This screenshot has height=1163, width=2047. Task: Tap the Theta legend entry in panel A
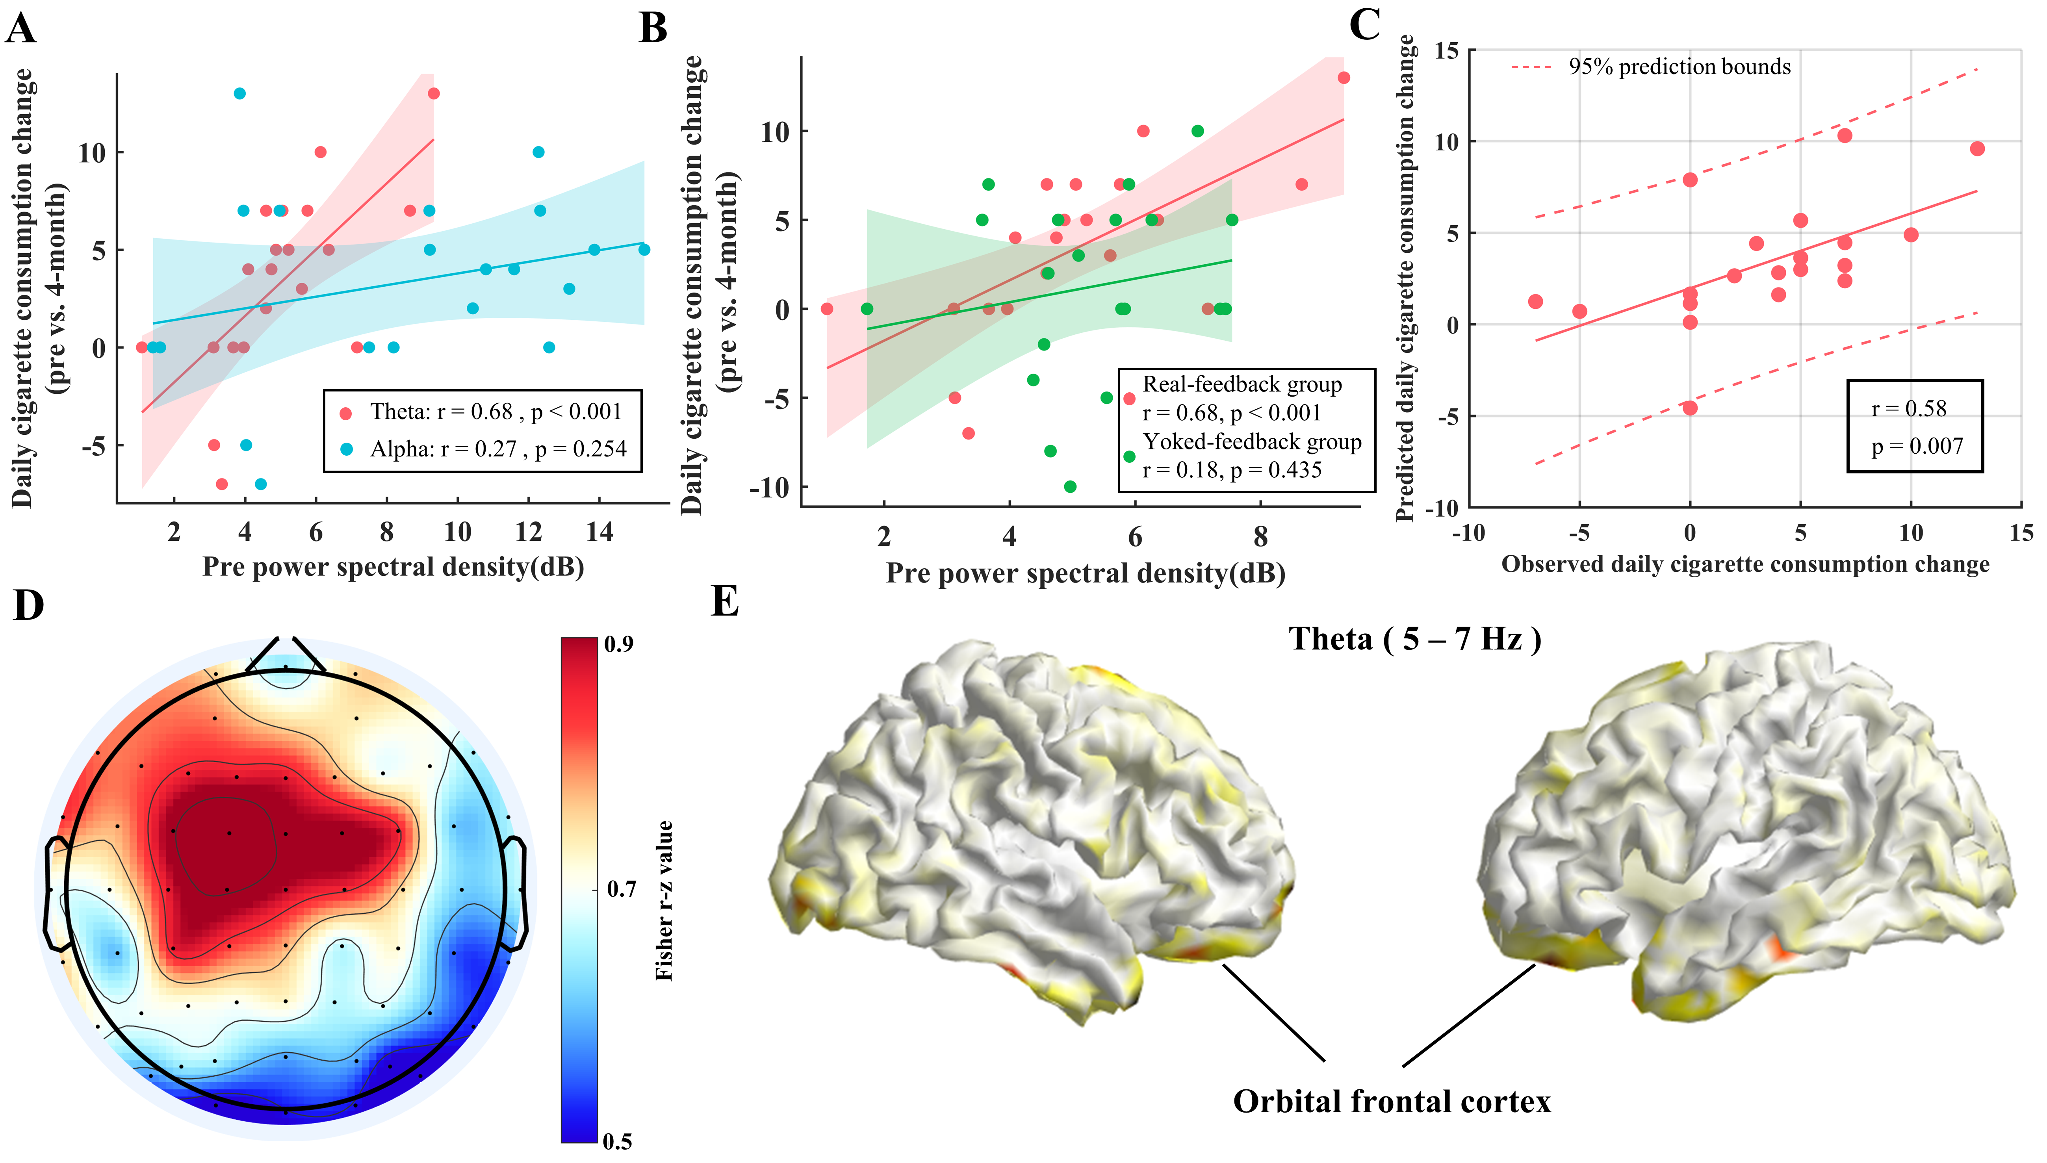pyautogui.click(x=495, y=412)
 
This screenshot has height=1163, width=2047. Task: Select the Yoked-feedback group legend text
pyautogui.click(x=1251, y=442)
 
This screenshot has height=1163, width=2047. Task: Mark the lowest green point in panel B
pyautogui.click(x=1070, y=486)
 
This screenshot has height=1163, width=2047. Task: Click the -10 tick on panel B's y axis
pyautogui.click(x=768, y=487)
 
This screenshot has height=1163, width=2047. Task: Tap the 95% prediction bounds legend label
pyautogui.click(x=1680, y=67)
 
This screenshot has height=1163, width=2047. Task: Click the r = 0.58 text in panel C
pyautogui.click(x=1909, y=409)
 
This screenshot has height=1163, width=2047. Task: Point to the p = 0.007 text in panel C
pyautogui.click(x=1917, y=447)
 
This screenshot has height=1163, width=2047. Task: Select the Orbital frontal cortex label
pyautogui.click(x=1391, y=1102)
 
